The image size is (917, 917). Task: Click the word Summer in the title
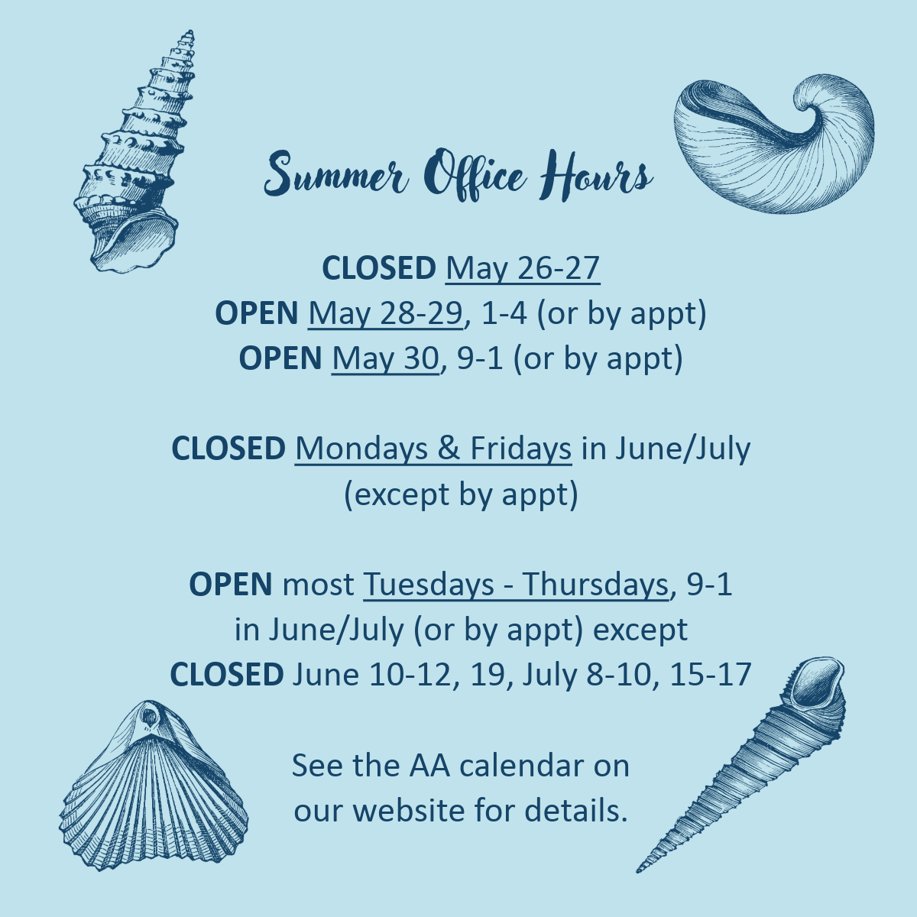(336, 173)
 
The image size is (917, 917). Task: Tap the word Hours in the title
(596, 175)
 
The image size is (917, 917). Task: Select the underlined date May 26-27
(523, 269)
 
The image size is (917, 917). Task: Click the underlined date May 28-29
(385, 314)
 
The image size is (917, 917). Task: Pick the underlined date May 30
(385, 359)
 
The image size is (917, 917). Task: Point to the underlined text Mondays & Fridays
(433, 449)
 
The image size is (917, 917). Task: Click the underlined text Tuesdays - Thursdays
(516, 585)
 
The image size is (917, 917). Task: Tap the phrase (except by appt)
(461, 495)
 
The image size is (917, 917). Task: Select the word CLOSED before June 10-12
(226, 674)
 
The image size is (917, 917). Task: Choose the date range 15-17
(711, 674)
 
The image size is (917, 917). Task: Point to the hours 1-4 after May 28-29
(504, 314)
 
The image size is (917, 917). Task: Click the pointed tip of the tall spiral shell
(190, 31)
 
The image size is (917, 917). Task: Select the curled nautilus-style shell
(774, 144)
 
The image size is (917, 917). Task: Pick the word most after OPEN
(318, 585)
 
